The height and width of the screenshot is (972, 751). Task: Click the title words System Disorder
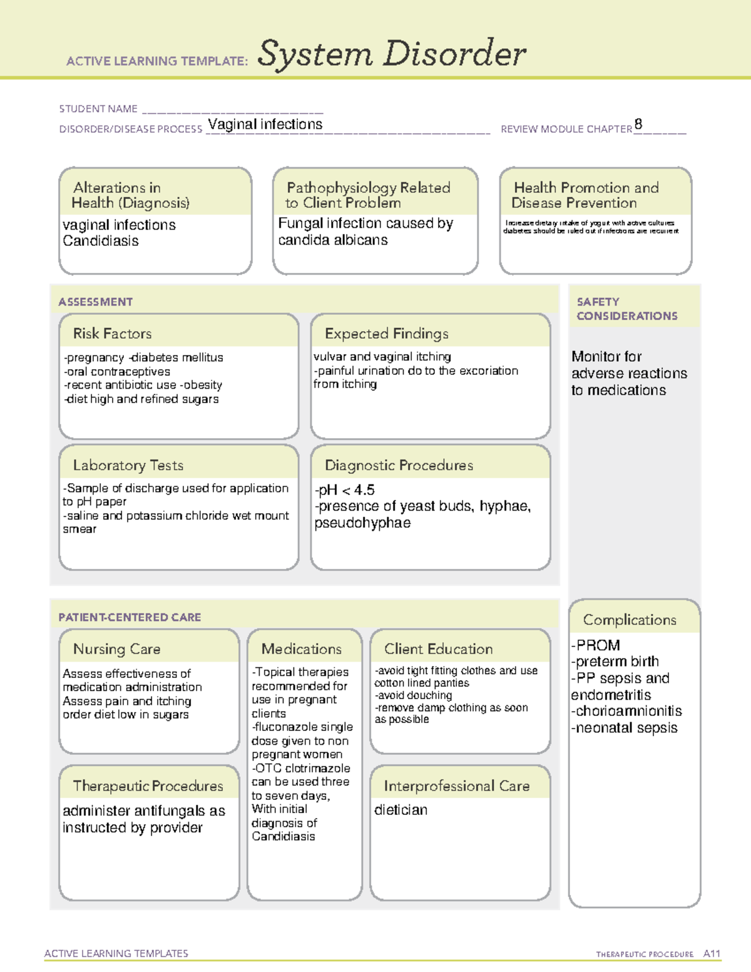tap(392, 54)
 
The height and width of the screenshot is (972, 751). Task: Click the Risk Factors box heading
tap(113, 334)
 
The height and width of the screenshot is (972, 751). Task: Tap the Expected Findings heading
tap(387, 334)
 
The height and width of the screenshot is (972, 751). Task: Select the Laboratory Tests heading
tap(128, 465)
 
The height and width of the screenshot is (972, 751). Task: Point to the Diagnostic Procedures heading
tap(399, 465)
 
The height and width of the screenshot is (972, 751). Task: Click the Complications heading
tap(630, 620)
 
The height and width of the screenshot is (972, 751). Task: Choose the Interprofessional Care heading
tap(457, 785)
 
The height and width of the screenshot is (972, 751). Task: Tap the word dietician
tap(401, 810)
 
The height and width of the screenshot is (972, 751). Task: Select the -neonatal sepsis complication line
tap(624, 728)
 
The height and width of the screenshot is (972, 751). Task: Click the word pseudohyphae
tap(362, 523)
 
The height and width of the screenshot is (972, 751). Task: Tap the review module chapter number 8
tap(638, 124)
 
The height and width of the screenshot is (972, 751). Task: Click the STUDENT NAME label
tap(98, 109)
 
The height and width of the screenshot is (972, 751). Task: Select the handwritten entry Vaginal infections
tap(265, 124)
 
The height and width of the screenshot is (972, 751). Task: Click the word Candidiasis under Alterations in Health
tap(101, 241)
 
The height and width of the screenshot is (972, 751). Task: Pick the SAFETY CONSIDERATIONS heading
tap(626, 309)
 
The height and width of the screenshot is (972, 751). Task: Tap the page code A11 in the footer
tap(712, 954)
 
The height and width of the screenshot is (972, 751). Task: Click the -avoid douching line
tap(413, 695)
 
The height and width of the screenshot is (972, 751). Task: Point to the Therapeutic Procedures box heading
tap(148, 785)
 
